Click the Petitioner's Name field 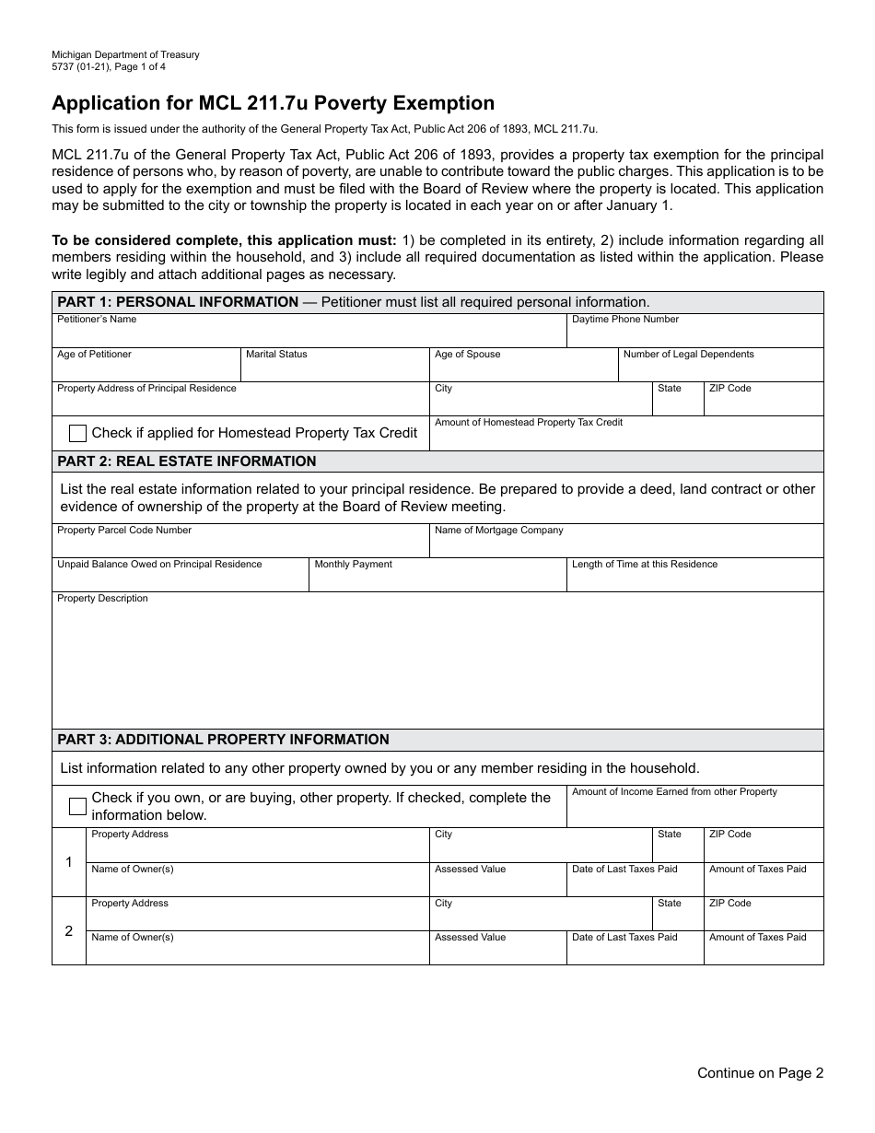point(309,333)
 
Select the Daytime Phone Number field point(694,333)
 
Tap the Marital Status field point(334,368)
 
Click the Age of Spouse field point(523,368)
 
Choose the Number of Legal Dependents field point(720,368)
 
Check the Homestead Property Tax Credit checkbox point(78,433)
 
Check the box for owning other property point(78,807)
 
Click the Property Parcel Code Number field point(240,544)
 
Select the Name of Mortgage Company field point(626,544)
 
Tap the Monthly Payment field point(437,578)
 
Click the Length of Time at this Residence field point(694,578)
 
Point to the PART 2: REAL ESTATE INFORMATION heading point(187,461)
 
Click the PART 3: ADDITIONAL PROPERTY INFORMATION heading point(224,740)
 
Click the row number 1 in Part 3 point(69,862)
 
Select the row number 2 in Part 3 point(69,931)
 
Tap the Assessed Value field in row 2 point(497,952)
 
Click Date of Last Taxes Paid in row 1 point(635,882)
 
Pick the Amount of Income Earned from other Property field point(694,811)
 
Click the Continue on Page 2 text point(760,1072)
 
